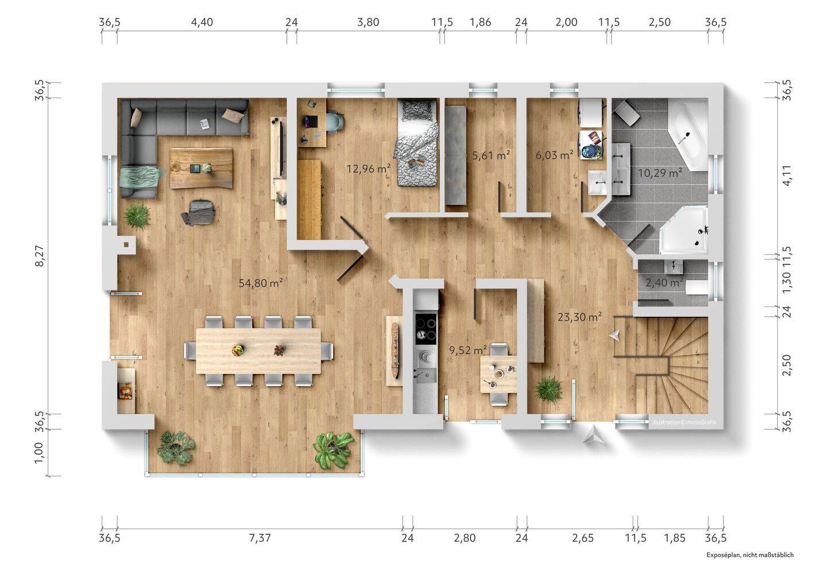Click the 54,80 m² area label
[260, 283]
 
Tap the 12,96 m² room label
[368, 169]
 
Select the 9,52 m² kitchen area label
[468, 349]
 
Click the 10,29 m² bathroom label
[660, 172]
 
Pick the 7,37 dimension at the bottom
[260, 538]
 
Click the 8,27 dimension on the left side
[40, 256]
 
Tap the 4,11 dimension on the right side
[787, 176]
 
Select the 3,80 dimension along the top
[368, 22]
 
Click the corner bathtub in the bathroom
[688, 135]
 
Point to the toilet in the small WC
[696, 288]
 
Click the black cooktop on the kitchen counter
[426, 329]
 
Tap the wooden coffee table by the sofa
[201, 168]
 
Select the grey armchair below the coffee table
[198, 212]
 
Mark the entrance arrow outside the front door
[592, 435]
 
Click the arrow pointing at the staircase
[615, 336]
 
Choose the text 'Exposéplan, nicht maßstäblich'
[750, 555]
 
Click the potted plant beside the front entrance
[549, 389]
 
